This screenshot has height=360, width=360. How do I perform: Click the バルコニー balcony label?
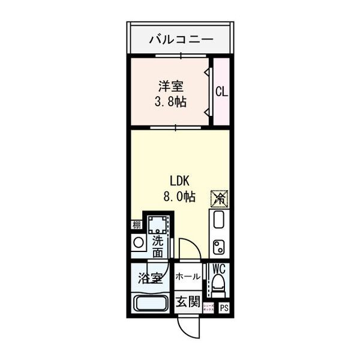click(x=180, y=40)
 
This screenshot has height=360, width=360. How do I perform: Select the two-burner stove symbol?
click(x=219, y=245)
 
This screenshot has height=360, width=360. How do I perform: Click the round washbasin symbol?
click(x=138, y=243)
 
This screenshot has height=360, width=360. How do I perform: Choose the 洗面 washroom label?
click(x=157, y=247)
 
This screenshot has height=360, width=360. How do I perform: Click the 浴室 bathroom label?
click(x=149, y=278)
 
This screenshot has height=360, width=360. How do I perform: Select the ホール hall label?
click(x=187, y=277)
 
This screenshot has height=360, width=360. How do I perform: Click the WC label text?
click(x=218, y=269)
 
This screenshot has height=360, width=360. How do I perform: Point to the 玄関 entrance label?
click(x=187, y=301)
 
